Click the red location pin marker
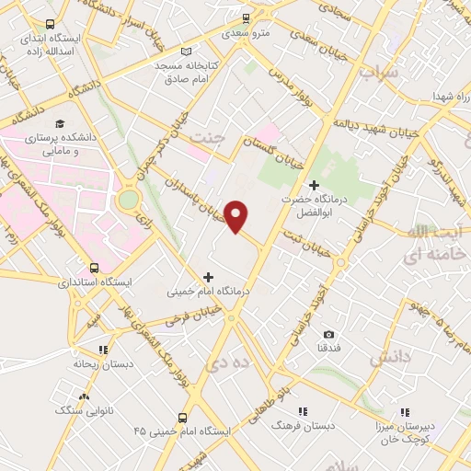pyautogui.click(x=236, y=215)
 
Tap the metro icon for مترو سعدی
pyautogui.click(x=246, y=17)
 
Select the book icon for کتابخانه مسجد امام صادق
pyautogui.click(x=188, y=52)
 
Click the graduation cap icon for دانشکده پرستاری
pyautogui.click(x=60, y=123)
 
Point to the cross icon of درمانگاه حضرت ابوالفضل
pyautogui.click(x=314, y=185)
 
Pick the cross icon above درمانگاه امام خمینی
pyautogui.click(x=208, y=276)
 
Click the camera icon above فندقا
pyautogui.click(x=329, y=333)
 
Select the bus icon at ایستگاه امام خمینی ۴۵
pyautogui.click(x=182, y=417)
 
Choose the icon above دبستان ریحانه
pyautogui.click(x=103, y=350)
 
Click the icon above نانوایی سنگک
pyautogui.click(x=85, y=396)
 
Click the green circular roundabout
pyautogui.click(x=129, y=199)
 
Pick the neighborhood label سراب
pyautogui.click(x=377, y=71)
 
